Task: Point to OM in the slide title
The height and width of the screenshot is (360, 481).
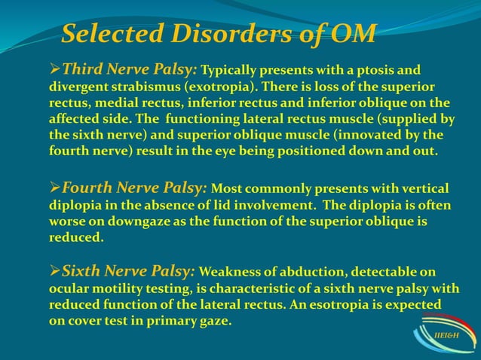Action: coord(354,34)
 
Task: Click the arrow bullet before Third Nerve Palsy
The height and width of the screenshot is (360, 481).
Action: coord(54,70)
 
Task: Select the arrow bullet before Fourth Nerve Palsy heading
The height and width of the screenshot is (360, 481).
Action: coord(54,188)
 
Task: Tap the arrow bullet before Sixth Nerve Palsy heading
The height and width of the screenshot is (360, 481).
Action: coord(54,271)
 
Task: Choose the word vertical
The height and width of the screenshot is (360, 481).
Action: coord(424,188)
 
